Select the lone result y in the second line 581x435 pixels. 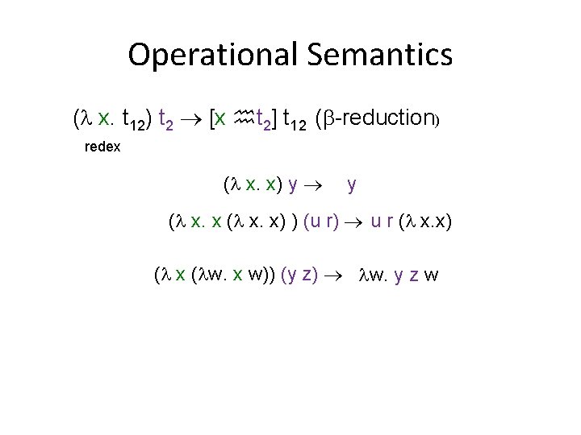click(352, 185)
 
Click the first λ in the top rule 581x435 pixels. click(86, 119)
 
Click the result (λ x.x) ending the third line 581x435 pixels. click(424, 222)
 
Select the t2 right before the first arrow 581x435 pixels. click(165, 121)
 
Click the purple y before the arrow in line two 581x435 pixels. click(290, 185)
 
